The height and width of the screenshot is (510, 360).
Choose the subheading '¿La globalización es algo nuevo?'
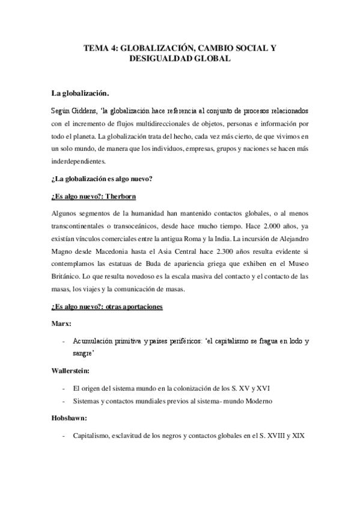[x=103, y=179]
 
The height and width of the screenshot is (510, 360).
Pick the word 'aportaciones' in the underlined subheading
[x=138, y=307]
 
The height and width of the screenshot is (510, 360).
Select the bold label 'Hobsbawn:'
[x=70, y=422]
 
